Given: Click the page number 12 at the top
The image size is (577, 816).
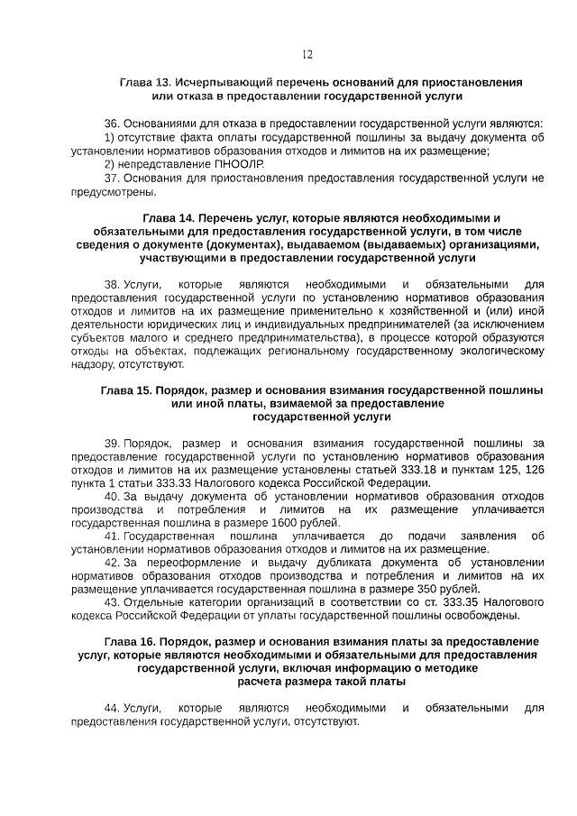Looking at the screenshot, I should [307, 55].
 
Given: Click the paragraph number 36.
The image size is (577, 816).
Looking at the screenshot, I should [112, 123].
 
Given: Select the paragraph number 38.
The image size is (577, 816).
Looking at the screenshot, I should [112, 284].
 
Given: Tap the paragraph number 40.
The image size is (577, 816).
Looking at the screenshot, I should [113, 497].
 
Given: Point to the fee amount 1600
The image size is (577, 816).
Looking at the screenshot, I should [273, 523].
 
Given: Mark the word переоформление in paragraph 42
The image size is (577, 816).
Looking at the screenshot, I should [187, 563].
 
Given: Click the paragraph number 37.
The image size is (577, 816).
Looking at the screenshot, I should [112, 179].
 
